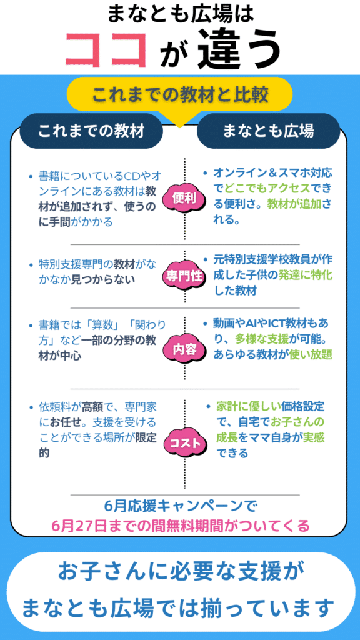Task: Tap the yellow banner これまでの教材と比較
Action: coord(179,96)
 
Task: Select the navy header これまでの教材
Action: coord(91,131)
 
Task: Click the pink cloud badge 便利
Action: coord(184,199)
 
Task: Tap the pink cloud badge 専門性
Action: coord(184,276)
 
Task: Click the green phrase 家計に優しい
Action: coord(249,406)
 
